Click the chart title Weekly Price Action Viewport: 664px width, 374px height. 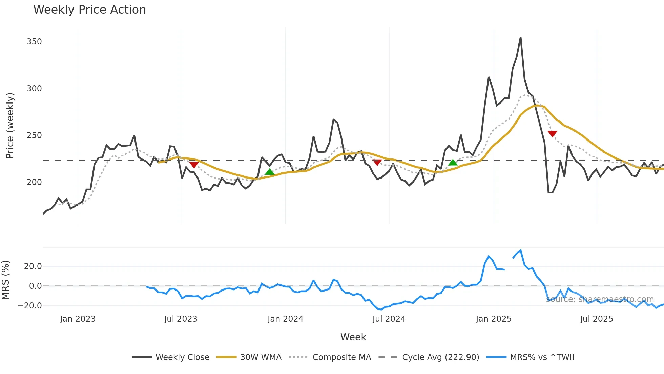point(89,10)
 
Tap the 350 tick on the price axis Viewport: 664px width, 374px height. point(34,42)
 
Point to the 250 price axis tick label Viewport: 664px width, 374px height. point(34,135)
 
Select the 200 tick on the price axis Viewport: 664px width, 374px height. point(34,182)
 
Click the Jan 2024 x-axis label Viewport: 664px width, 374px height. point(285,319)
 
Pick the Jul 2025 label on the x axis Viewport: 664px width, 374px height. point(597,319)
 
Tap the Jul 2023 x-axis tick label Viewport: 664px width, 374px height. point(181,319)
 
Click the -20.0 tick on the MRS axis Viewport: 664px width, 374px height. point(30,306)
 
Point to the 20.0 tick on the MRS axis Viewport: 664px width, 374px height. point(33,266)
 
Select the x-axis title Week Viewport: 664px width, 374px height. point(353,337)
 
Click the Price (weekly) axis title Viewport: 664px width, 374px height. point(10,126)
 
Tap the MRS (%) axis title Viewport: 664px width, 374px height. point(6,280)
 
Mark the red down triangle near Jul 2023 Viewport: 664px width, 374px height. point(194,165)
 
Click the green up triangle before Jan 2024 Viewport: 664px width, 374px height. point(269,172)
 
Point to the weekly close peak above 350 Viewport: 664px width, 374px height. point(520,38)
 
